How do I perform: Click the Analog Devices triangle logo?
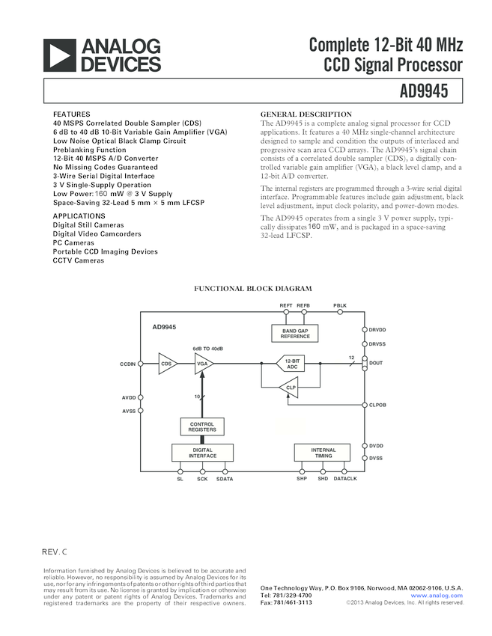(x=61, y=55)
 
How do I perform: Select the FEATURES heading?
(x=71, y=114)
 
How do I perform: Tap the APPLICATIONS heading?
(x=79, y=215)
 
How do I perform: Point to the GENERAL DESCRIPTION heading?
(x=306, y=114)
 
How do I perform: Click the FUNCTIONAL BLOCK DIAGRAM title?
(x=253, y=289)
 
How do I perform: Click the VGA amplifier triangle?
(x=203, y=364)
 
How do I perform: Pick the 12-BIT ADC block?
(x=292, y=364)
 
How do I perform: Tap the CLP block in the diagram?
(x=289, y=387)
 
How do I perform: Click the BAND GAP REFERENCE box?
(x=295, y=334)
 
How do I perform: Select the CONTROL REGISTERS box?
(x=202, y=426)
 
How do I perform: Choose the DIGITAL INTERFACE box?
(x=202, y=452)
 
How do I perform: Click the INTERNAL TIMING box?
(x=324, y=452)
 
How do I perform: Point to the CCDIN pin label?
(x=127, y=364)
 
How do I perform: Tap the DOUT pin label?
(x=376, y=364)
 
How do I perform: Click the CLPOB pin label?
(x=377, y=405)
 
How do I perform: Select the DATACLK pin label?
(x=345, y=479)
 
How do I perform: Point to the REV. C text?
(x=54, y=552)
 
